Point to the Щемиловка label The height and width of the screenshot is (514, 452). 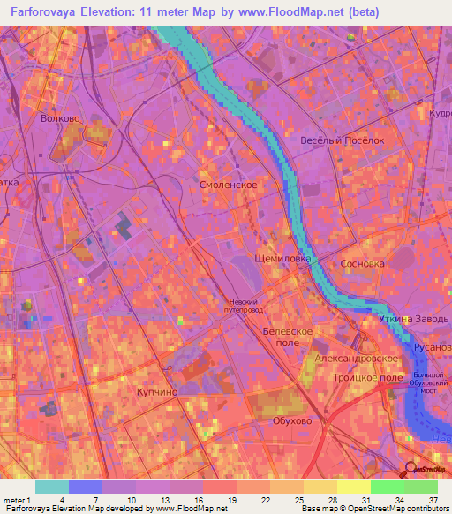pyautogui.click(x=282, y=259)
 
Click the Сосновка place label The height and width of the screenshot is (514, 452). pyautogui.click(x=363, y=264)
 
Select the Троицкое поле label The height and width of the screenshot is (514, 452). pyautogui.click(x=360, y=377)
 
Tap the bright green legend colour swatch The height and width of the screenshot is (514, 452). pyautogui.click(x=388, y=487)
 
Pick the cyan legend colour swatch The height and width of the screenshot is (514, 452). pyautogui.click(x=52, y=487)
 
